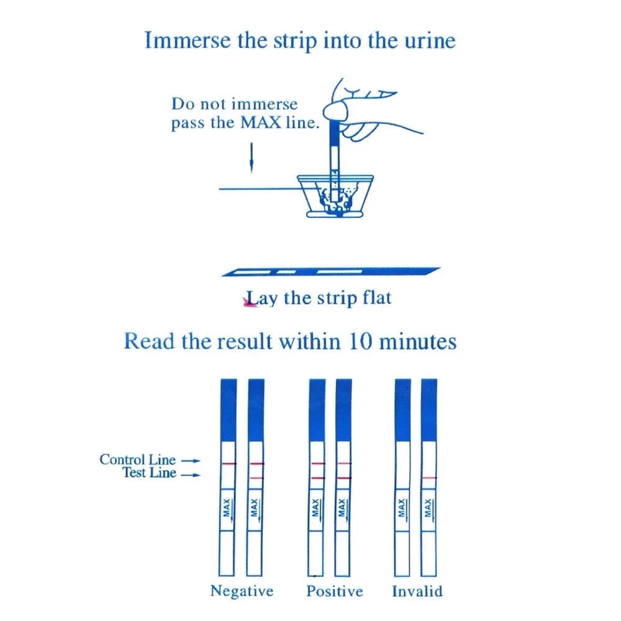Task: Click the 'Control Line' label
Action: [x=137, y=460]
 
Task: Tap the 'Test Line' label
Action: [x=149, y=474]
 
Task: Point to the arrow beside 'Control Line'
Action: [x=194, y=461]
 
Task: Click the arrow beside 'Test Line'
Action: [x=194, y=476]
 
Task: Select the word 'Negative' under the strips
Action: [x=242, y=591]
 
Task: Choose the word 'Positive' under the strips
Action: [x=335, y=591]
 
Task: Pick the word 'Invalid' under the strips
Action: [x=417, y=591]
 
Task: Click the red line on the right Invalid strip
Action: [x=428, y=477]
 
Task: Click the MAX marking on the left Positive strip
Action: [x=317, y=509]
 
